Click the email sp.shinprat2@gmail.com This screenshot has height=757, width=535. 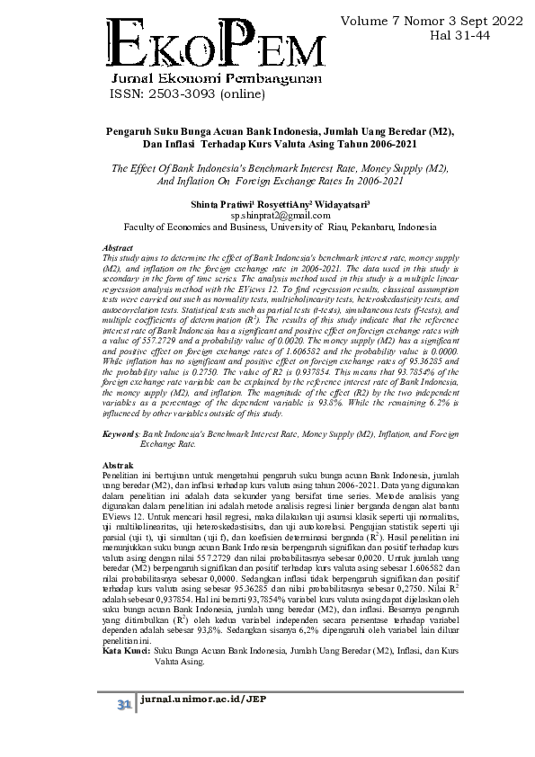[x=280, y=215]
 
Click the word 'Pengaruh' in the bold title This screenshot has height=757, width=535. [x=132, y=130]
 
